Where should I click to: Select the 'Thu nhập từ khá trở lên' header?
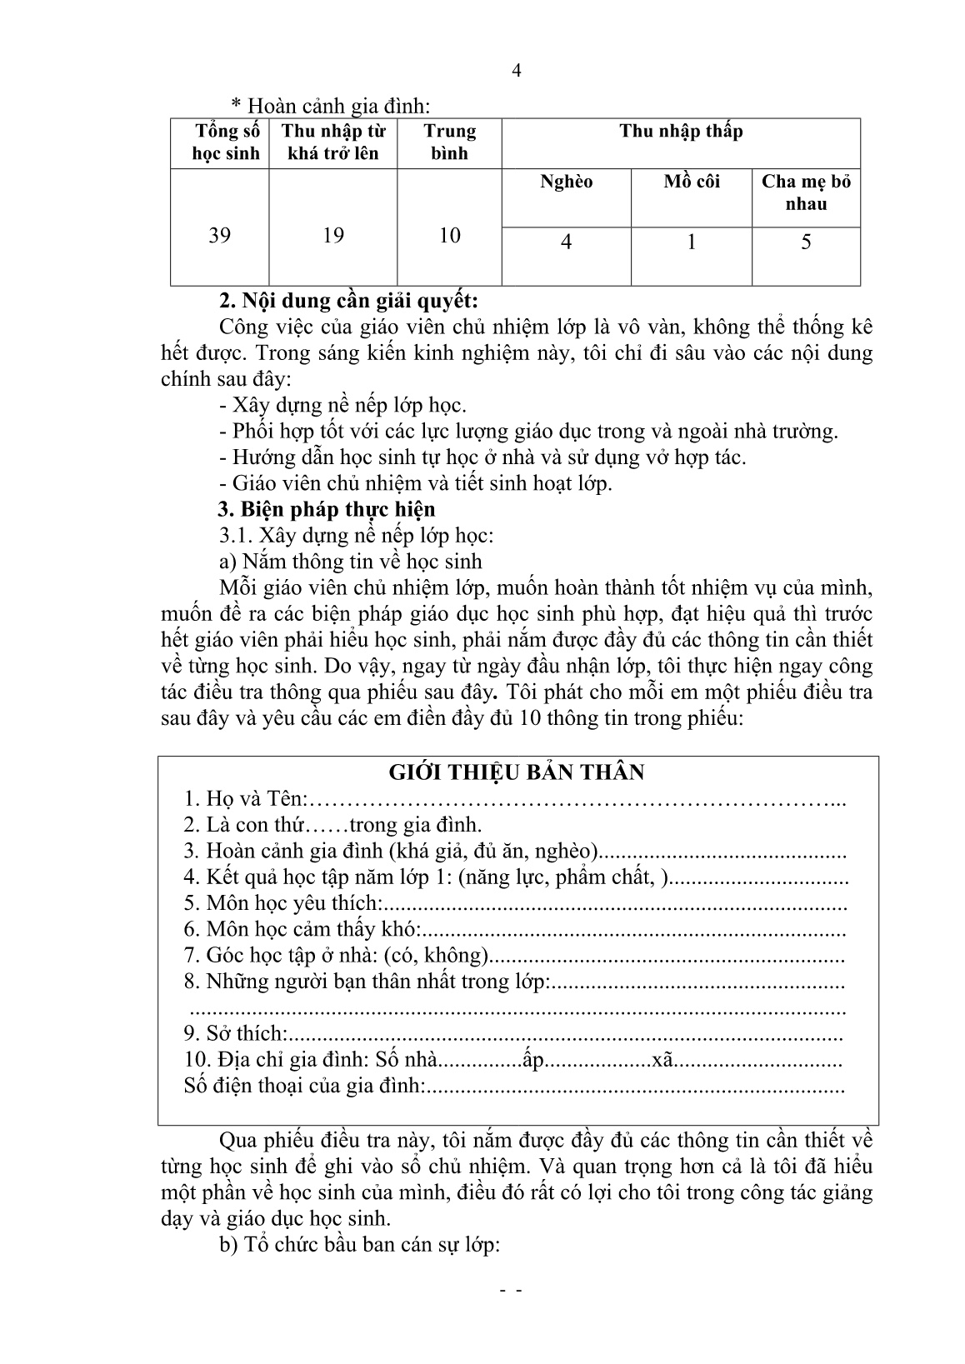tap(333, 142)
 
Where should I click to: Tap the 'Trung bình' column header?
tap(450, 142)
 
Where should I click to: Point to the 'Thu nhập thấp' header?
tap(681, 132)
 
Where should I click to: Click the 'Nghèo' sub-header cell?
tap(567, 182)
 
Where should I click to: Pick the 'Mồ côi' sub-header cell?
tap(692, 182)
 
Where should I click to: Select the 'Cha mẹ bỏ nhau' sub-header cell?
tap(806, 192)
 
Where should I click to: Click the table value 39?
tap(220, 236)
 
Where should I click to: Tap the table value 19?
tap(333, 236)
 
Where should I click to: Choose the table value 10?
tap(450, 236)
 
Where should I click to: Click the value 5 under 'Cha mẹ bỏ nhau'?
tap(806, 242)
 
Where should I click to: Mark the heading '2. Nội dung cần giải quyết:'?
tap(347, 300)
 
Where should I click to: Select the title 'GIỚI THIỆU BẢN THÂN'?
tap(517, 772)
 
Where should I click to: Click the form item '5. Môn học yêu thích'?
tap(283, 903)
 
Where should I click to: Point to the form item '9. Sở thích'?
tap(235, 1034)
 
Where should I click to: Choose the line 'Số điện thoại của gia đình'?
tap(304, 1087)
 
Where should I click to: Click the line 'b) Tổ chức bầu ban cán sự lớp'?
tap(358, 1246)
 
